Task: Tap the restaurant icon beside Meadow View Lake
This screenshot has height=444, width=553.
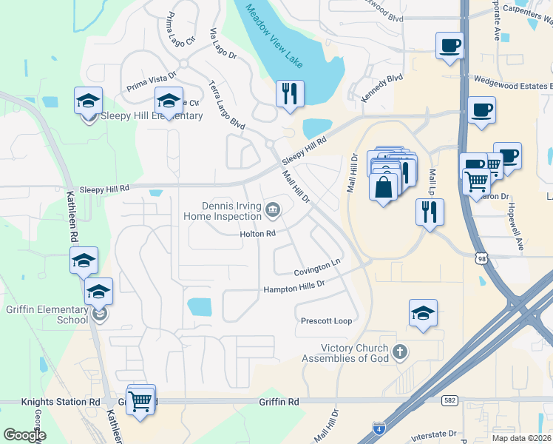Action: (x=289, y=94)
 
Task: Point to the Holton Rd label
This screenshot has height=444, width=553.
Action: (x=257, y=234)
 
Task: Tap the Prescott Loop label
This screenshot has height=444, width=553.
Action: (x=326, y=321)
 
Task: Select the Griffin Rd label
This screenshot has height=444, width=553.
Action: (x=279, y=402)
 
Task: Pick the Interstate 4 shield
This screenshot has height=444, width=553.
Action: (x=379, y=427)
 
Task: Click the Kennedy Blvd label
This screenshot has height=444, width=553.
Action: (x=381, y=87)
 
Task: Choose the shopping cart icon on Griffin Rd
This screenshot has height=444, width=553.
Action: (x=140, y=401)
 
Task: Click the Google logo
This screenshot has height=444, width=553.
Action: (x=24, y=434)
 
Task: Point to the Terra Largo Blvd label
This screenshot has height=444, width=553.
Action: (x=227, y=105)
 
